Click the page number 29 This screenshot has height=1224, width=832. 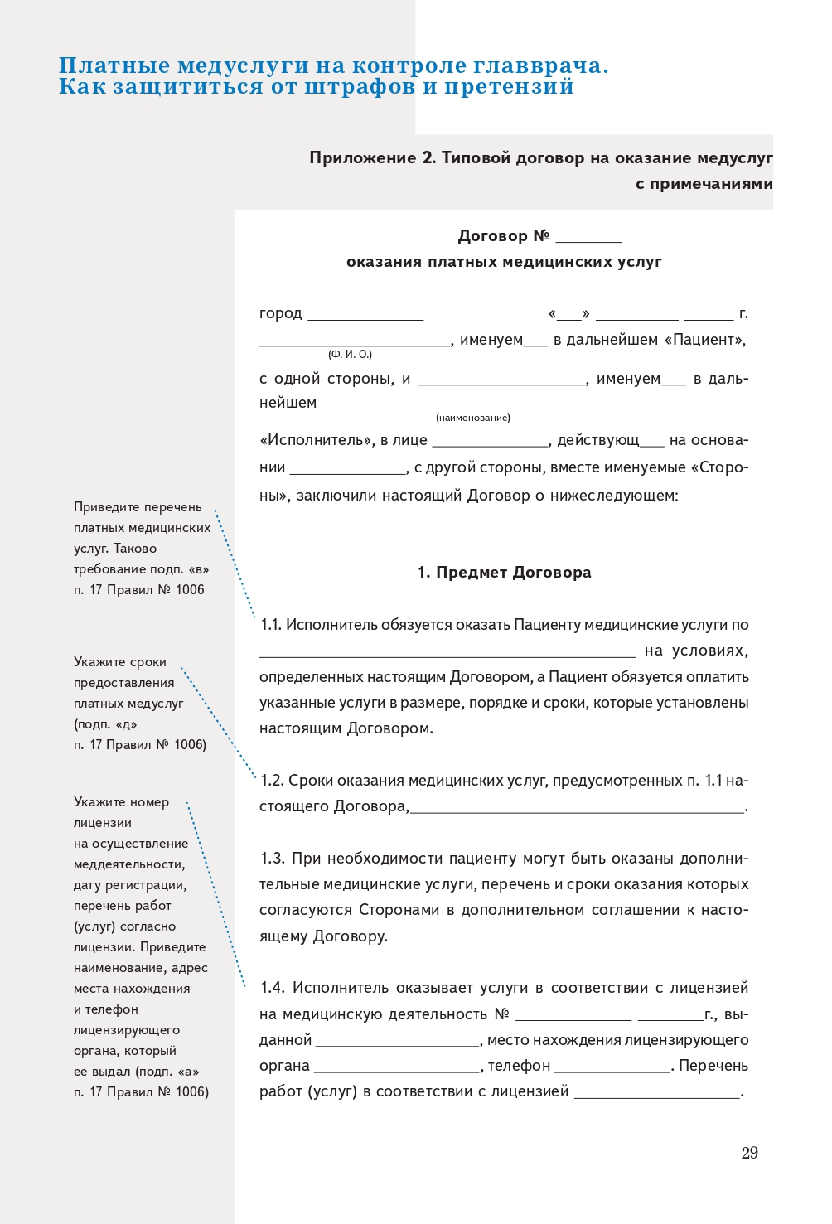coord(749,1153)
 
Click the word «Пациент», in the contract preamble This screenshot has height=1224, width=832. coord(705,340)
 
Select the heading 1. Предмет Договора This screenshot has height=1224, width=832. coord(504,573)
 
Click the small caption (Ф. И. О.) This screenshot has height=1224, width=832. coord(350,355)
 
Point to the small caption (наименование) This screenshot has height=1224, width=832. coord(473,418)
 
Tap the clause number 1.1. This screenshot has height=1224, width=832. coord(271,625)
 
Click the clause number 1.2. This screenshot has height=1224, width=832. coord(272,781)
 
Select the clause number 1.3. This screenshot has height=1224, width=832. coord(272,859)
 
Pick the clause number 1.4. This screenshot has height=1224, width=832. coord(272,988)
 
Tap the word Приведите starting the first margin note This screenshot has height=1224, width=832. coord(104,507)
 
